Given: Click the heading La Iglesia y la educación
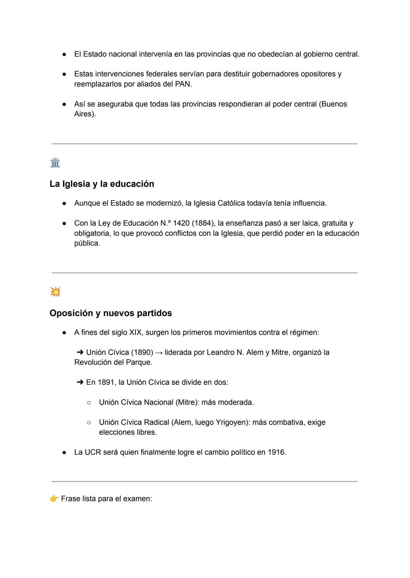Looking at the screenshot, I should tap(102, 184).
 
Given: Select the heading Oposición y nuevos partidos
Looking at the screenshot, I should tap(110, 313).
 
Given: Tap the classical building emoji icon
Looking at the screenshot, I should tap(55, 163).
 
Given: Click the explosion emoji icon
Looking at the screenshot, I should tap(55, 292).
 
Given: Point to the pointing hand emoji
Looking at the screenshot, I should tap(54, 498).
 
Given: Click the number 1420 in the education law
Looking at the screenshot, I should tap(181, 223).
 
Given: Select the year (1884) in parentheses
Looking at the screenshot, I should tap(203, 223).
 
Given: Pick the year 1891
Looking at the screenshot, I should tap(106, 382).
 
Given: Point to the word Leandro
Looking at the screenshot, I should tap(220, 352).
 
